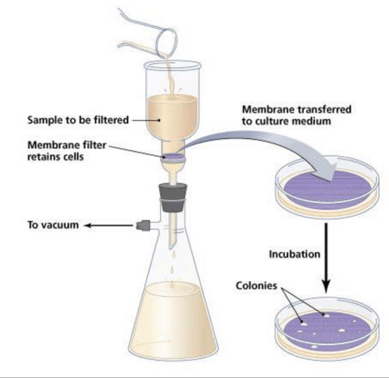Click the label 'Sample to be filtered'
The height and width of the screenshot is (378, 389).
coord(78,120)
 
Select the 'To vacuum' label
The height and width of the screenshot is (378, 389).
coord(53,225)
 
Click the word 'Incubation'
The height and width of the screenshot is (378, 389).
coord(295,254)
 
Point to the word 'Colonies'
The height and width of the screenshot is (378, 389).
coord(256,286)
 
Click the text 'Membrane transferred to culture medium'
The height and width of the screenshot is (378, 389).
coord(297,115)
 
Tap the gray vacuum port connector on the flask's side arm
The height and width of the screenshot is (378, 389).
coord(143,226)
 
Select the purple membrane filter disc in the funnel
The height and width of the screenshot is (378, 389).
coord(173,157)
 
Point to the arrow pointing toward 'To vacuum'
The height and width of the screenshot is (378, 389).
coord(108,226)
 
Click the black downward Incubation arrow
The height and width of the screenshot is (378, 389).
coord(326,258)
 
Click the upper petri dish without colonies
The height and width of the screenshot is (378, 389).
coord(327,187)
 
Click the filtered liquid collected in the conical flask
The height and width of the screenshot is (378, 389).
coord(173,320)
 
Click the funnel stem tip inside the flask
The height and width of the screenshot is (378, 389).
coord(171,247)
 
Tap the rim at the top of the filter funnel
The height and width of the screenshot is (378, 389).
coord(172,65)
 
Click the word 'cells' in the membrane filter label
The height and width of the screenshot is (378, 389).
coord(73,157)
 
